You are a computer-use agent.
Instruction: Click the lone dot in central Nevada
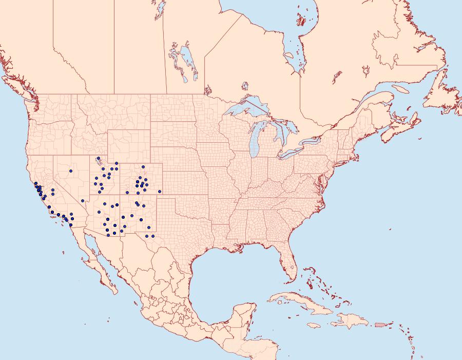(71, 171)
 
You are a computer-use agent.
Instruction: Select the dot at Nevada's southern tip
(83, 201)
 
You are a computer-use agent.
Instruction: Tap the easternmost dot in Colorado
(160, 192)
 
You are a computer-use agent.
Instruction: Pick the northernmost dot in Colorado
(143, 167)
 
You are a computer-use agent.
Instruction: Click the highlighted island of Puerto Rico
(380, 325)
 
